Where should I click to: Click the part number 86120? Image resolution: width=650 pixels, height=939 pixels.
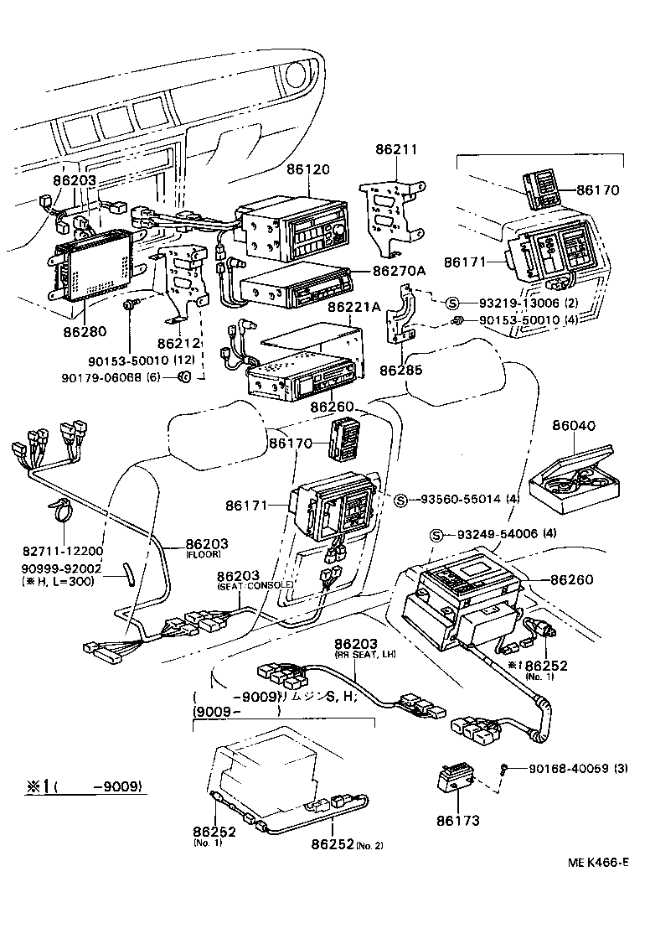pos(310,169)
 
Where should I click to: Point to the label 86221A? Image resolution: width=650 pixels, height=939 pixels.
pos(354,307)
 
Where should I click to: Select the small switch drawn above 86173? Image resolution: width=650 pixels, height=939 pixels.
pos(457,780)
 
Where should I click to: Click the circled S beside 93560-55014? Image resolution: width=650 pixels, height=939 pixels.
pos(400,501)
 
